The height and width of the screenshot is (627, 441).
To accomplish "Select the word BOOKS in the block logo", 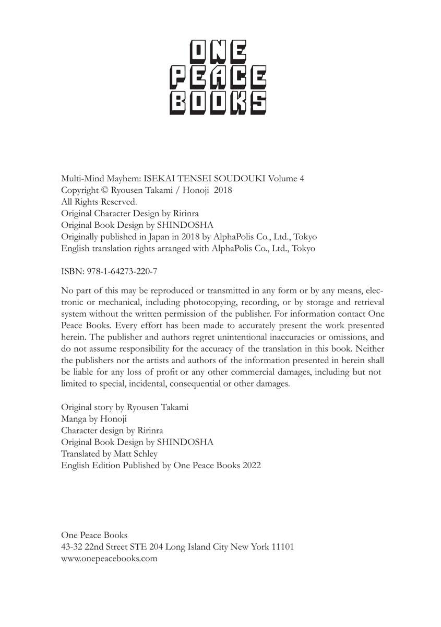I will pos(220,103).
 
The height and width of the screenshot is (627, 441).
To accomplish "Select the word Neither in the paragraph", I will pos(369,349).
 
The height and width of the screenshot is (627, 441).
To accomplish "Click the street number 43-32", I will pos(71,547).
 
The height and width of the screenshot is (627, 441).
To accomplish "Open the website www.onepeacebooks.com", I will pos(109,558).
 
